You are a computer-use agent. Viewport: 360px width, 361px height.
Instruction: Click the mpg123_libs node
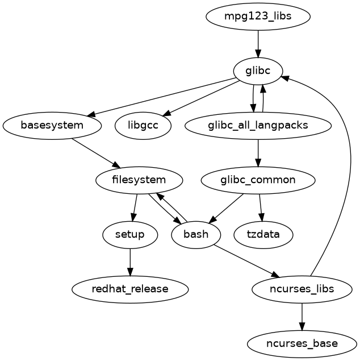258,16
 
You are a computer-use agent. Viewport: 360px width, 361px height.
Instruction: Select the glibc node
258,70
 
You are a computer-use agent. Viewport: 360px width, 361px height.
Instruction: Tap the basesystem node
52,125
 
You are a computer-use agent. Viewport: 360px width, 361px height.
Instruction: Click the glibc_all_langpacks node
258,125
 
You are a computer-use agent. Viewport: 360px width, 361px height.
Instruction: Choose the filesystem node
139,180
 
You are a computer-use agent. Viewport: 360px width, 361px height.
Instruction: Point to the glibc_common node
258,180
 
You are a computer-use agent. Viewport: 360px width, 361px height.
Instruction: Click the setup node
130,234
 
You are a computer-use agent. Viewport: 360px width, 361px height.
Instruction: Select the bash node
196,234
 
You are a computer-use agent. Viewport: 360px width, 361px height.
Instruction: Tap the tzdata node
263,234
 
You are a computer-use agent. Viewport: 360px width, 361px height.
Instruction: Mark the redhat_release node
130,289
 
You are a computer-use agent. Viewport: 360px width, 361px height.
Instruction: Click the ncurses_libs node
302,289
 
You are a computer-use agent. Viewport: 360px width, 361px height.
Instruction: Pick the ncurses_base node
302,343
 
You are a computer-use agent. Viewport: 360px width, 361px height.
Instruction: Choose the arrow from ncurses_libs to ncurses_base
302,316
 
